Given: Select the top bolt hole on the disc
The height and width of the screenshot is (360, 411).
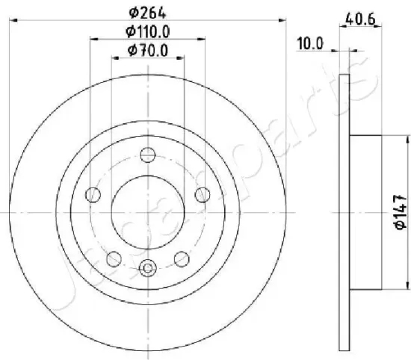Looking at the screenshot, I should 148,155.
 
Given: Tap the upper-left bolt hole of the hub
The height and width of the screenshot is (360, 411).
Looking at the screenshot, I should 93,195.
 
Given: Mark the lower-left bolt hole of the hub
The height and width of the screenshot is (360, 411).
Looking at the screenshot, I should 114,258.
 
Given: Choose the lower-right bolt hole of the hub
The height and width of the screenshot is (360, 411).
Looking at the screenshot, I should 182,258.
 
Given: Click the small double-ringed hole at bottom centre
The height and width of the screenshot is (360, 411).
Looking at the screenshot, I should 148,267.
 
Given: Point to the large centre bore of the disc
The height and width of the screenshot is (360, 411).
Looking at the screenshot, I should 148,212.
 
